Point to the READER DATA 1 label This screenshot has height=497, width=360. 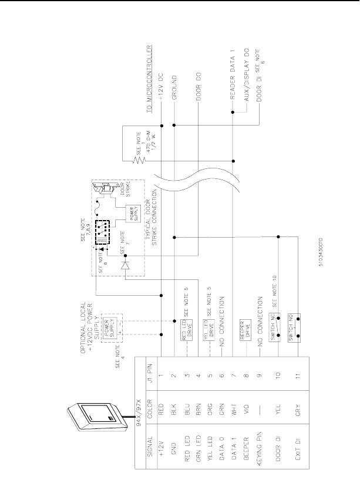[233, 75]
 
